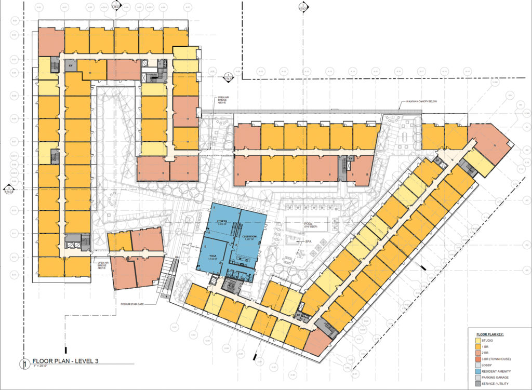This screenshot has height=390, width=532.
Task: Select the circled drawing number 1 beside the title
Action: point(23,364)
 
